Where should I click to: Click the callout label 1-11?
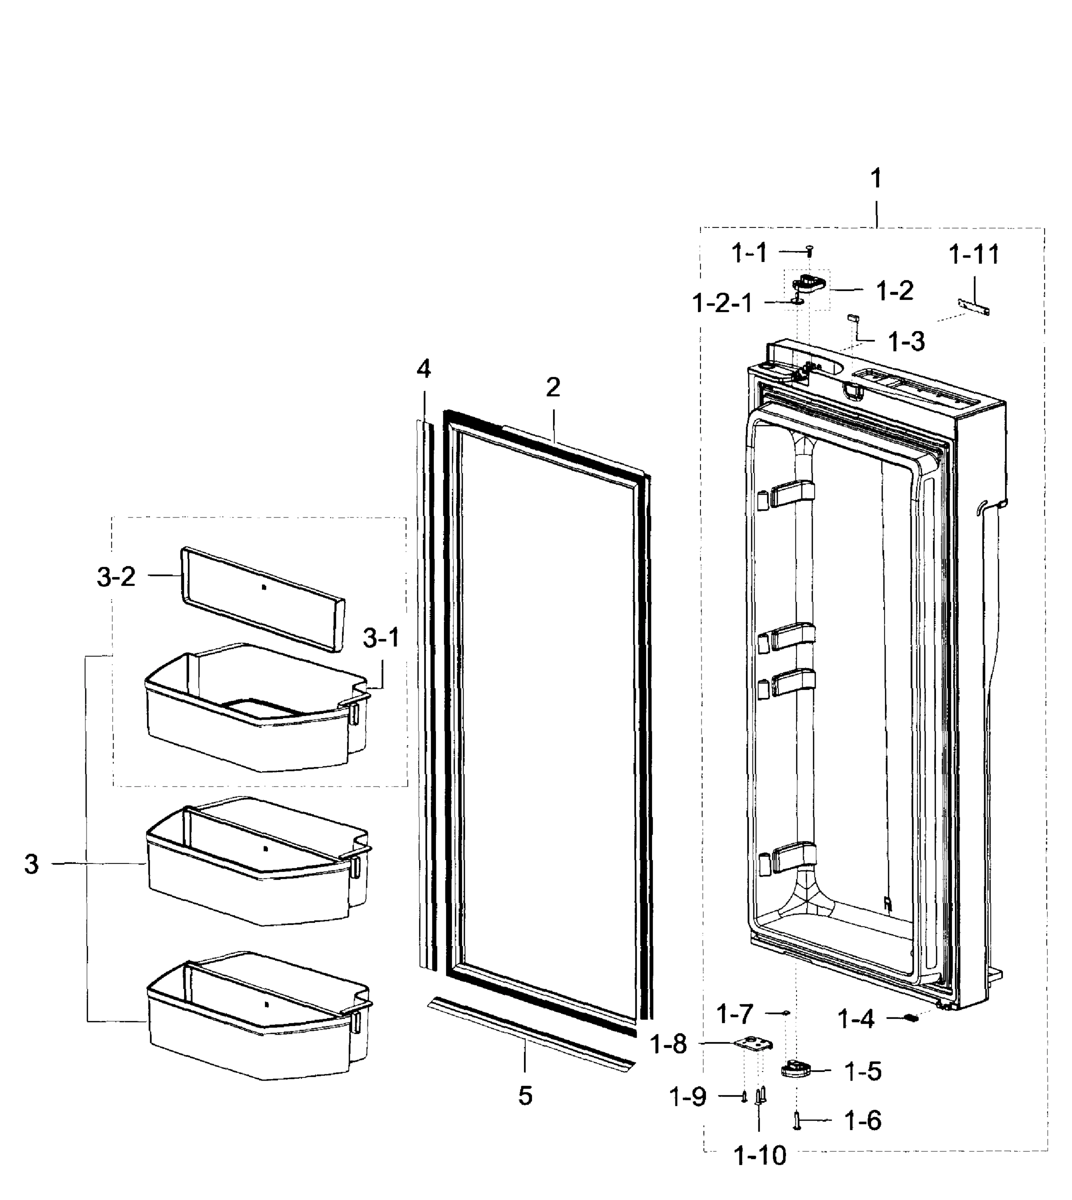click(974, 254)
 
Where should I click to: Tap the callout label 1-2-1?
click(722, 304)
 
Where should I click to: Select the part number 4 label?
click(423, 369)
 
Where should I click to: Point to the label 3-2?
click(116, 577)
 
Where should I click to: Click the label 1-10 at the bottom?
click(760, 1156)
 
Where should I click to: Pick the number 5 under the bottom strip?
click(525, 1095)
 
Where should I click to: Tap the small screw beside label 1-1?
click(810, 250)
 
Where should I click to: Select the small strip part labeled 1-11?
click(973, 306)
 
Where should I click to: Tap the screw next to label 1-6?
click(797, 1120)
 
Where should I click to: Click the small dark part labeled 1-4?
click(911, 1018)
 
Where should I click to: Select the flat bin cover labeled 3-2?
click(262, 598)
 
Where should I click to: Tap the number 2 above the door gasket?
click(552, 387)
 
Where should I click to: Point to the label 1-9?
click(687, 1097)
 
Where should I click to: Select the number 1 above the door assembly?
click(876, 178)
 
